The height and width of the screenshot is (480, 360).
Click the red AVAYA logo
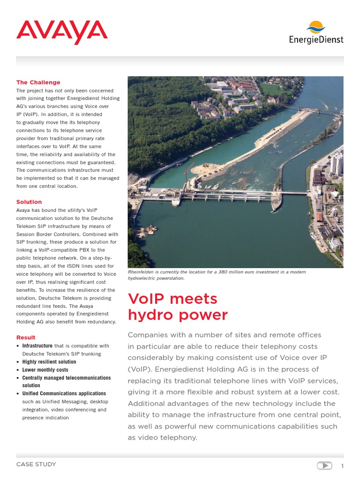(x=62, y=32)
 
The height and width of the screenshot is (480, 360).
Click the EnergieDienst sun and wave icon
(x=316, y=28)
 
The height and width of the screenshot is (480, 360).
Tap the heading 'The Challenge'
(x=38, y=82)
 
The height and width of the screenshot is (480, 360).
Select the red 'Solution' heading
(x=29, y=202)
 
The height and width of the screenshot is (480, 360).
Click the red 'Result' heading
(x=26, y=337)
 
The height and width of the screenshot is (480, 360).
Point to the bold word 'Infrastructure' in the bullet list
(x=38, y=346)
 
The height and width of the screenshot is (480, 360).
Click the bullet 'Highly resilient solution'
(x=49, y=362)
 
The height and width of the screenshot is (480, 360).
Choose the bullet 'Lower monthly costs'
(x=45, y=370)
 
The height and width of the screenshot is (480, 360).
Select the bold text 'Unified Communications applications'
(x=64, y=394)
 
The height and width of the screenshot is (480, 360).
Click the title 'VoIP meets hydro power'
(x=178, y=307)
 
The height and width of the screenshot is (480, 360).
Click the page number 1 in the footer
(x=342, y=466)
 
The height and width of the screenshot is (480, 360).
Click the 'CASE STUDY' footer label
(x=36, y=465)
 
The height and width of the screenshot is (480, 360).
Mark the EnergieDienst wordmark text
(x=316, y=40)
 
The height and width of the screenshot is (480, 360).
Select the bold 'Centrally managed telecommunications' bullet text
(x=67, y=378)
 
